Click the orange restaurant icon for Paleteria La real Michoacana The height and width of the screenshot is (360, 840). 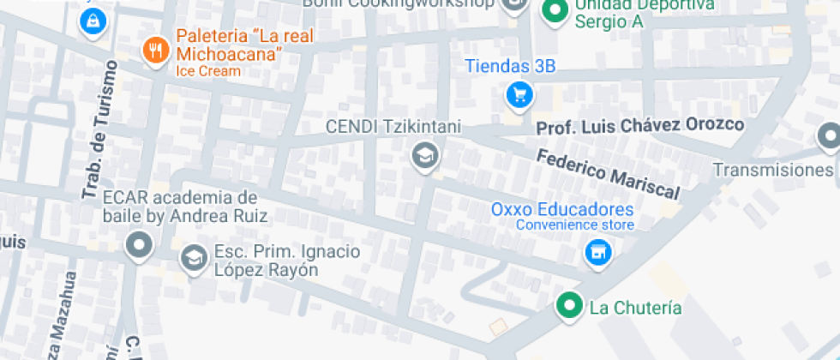click(155, 50)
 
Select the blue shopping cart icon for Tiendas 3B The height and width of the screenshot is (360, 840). click(519, 94)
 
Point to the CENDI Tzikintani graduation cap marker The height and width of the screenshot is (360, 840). click(423, 156)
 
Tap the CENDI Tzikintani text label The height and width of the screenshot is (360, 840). click(393, 127)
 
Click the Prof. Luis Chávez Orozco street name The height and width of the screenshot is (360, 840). click(639, 126)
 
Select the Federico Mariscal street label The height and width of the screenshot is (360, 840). click(608, 174)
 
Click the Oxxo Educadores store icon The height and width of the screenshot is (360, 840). click(597, 252)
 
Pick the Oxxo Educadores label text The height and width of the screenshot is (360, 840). click(561, 209)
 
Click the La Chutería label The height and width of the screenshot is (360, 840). click(635, 308)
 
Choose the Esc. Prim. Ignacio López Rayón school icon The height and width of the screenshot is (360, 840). click(194, 257)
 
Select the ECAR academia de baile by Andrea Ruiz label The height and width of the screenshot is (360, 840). click(184, 207)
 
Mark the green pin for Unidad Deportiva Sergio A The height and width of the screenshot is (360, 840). click(555, 10)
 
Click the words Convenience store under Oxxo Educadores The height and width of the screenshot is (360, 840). click(574, 225)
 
